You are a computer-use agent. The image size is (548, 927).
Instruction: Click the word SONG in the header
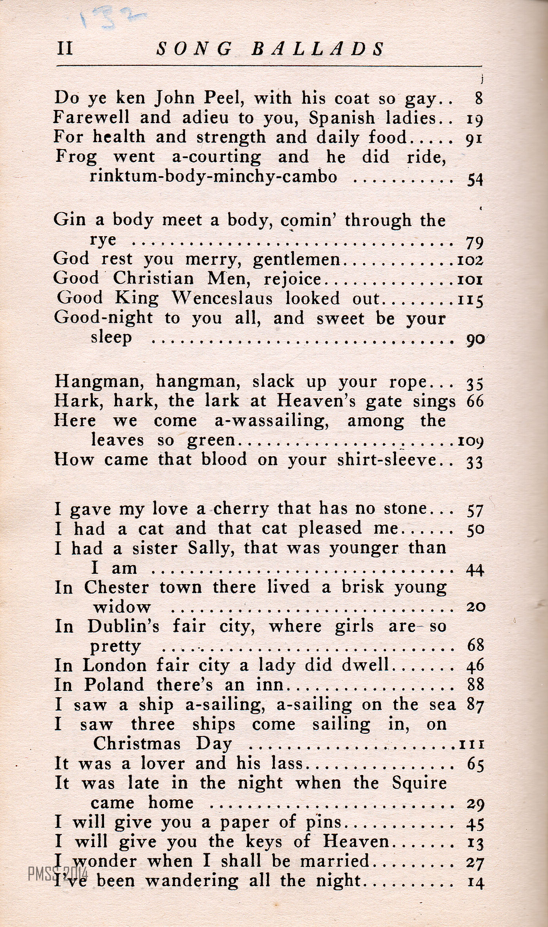click(x=195, y=49)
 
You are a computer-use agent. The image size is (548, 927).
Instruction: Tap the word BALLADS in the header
click(x=318, y=49)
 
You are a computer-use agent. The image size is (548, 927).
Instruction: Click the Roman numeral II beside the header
click(x=65, y=49)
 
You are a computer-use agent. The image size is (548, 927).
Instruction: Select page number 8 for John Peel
click(x=479, y=99)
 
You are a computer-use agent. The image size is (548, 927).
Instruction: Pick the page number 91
click(x=474, y=138)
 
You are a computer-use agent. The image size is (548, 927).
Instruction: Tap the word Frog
click(x=76, y=157)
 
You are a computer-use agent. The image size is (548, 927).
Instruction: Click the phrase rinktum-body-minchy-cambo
click(x=213, y=177)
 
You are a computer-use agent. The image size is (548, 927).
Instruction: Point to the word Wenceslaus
click(x=222, y=299)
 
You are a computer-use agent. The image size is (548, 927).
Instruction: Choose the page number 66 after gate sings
click(x=475, y=401)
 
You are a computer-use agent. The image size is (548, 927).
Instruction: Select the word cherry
click(x=241, y=510)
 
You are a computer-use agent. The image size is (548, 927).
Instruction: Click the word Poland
click(x=114, y=685)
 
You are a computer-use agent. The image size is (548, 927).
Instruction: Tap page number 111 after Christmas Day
click(x=471, y=744)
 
